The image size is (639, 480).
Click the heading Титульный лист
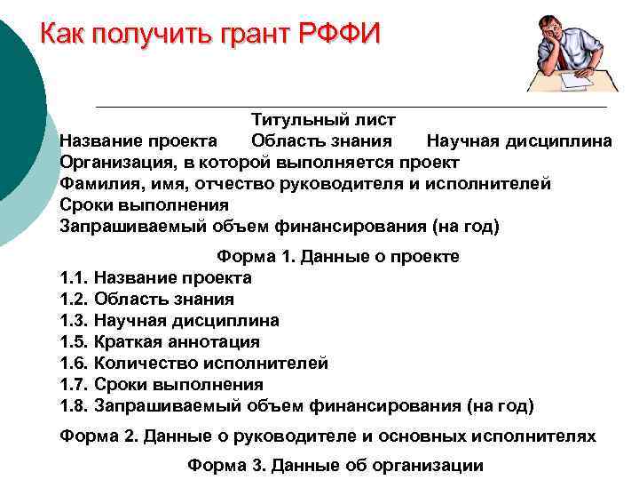click(x=323, y=119)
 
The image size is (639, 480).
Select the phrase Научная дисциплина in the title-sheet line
click(x=518, y=140)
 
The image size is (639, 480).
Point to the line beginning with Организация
click(x=259, y=162)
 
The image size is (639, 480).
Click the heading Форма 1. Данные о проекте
click(x=338, y=257)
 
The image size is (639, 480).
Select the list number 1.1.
click(x=74, y=278)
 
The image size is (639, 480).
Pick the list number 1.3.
click(x=74, y=321)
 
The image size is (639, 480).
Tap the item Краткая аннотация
click(x=177, y=342)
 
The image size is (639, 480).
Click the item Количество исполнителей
click(x=210, y=364)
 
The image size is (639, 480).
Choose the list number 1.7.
click(x=74, y=385)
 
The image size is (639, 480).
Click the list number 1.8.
click(x=74, y=406)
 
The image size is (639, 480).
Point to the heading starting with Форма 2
click(x=327, y=436)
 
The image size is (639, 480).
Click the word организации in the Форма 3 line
click(x=428, y=465)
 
